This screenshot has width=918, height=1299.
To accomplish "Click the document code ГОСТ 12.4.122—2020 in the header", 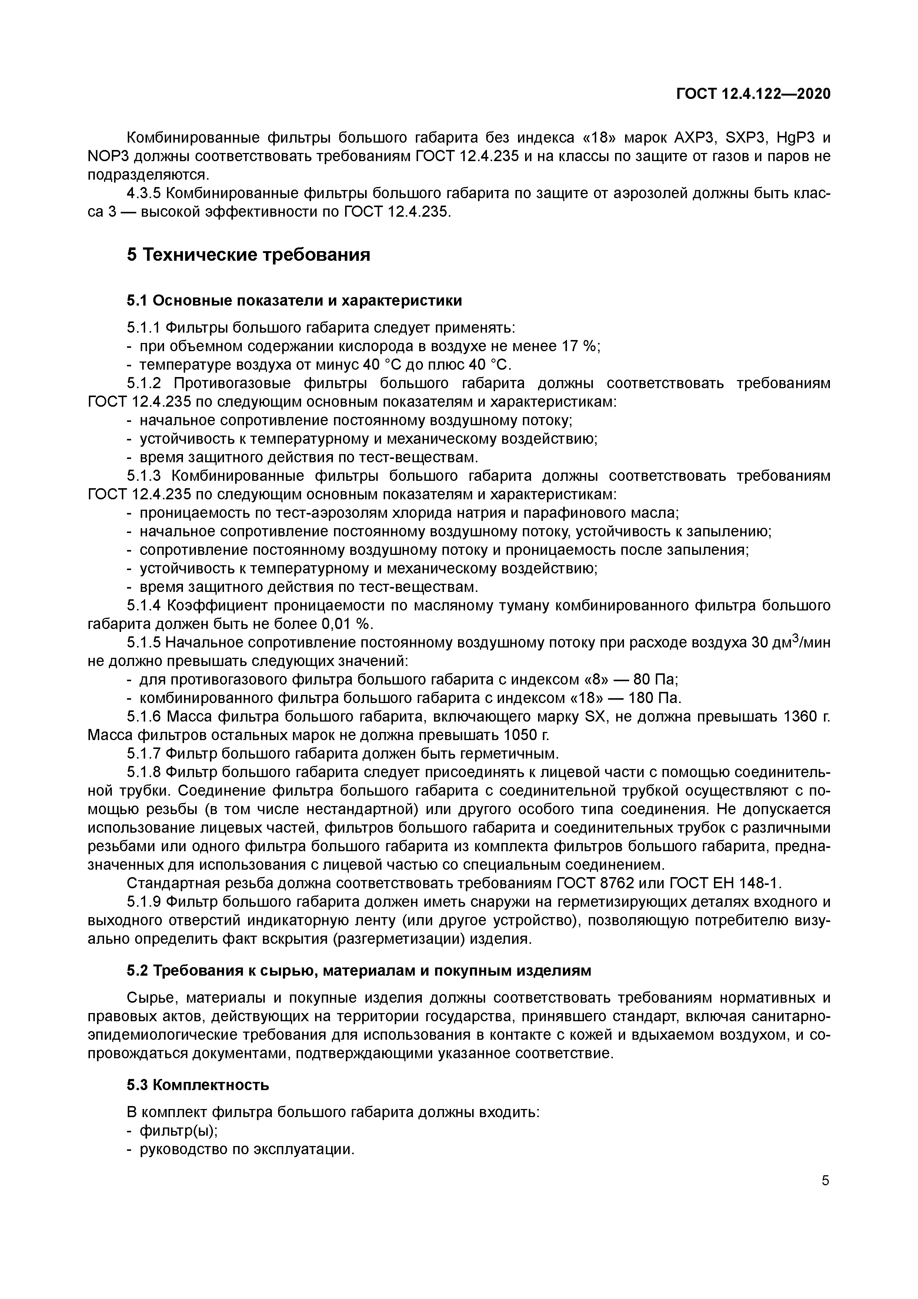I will pyautogui.click(x=754, y=94).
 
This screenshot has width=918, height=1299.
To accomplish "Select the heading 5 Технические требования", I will pyautogui.click(x=248, y=255).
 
